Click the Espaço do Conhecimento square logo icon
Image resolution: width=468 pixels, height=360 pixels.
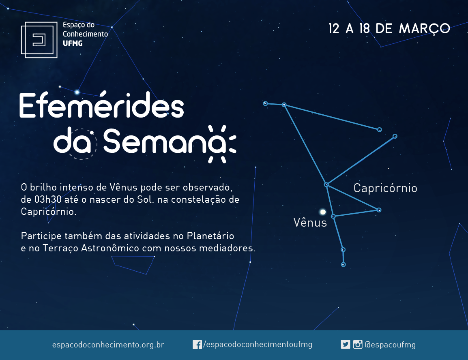tap(39, 40)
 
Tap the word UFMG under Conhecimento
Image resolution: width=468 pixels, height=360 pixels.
tap(73, 43)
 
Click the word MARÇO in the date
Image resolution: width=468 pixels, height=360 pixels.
tap(425, 29)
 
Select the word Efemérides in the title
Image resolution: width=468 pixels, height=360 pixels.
tap(101, 105)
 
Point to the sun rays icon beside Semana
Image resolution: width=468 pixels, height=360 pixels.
tap(222, 144)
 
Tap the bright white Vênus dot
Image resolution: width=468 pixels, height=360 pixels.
tap(323, 212)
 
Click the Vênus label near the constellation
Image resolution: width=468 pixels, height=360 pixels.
tap(310, 223)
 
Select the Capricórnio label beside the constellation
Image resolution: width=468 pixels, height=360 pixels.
tap(385, 189)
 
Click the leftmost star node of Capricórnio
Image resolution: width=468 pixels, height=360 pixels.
tap(265, 103)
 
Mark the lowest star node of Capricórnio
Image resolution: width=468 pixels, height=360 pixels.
tap(343, 265)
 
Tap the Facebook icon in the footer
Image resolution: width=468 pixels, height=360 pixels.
tap(197, 345)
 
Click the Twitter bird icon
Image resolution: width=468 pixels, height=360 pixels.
tap(346, 345)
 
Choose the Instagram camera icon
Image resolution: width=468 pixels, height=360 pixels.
tap(358, 345)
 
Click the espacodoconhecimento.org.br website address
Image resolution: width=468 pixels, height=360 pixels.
tap(108, 345)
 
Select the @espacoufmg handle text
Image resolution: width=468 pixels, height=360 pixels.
tap(390, 345)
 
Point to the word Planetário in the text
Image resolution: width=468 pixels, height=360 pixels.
tap(210, 236)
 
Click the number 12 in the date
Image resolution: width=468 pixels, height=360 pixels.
tap(334, 29)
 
